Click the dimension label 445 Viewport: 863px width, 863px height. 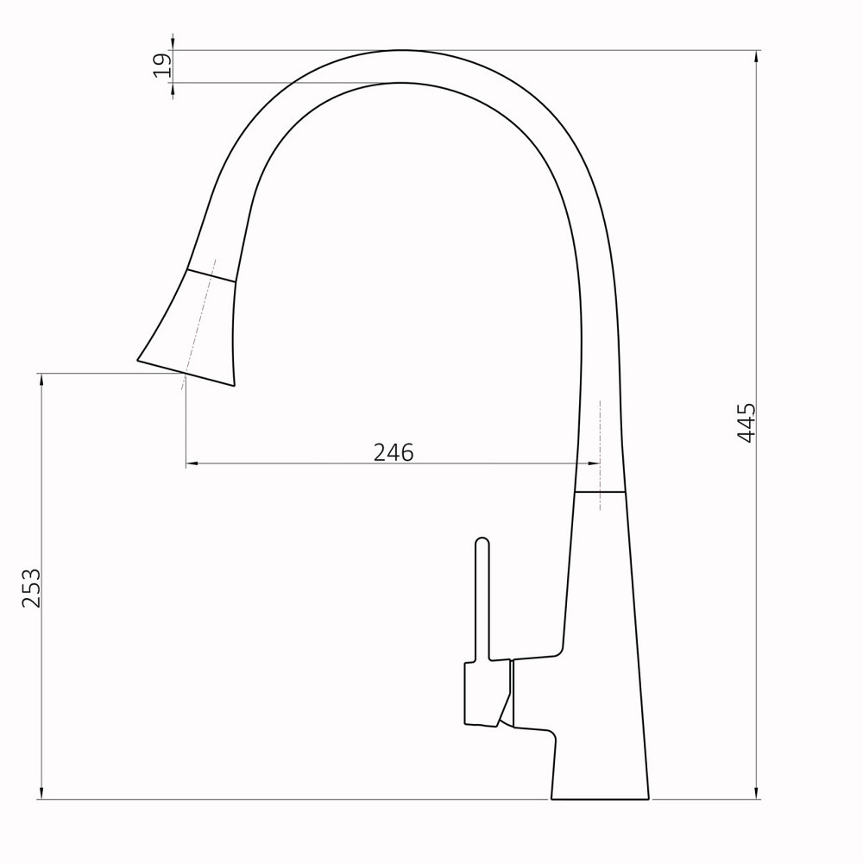(746, 423)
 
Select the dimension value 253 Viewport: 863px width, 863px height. (31, 588)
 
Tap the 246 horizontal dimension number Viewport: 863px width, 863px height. (394, 452)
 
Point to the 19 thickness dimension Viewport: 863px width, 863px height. (161, 66)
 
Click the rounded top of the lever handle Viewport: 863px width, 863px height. (482, 543)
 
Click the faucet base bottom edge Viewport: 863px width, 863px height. (600, 799)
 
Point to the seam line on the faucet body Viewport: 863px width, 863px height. (600, 492)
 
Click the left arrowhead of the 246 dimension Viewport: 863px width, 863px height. (192, 464)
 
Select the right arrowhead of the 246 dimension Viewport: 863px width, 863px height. (594, 464)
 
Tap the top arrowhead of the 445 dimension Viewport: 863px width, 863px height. (758, 55)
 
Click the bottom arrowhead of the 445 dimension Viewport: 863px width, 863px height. (758, 794)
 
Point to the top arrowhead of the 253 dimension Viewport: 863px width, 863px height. (41, 378)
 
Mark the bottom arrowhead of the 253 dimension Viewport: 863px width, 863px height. (41, 794)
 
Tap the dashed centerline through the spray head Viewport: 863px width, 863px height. (200, 319)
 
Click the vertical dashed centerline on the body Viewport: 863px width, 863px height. (600, 431)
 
